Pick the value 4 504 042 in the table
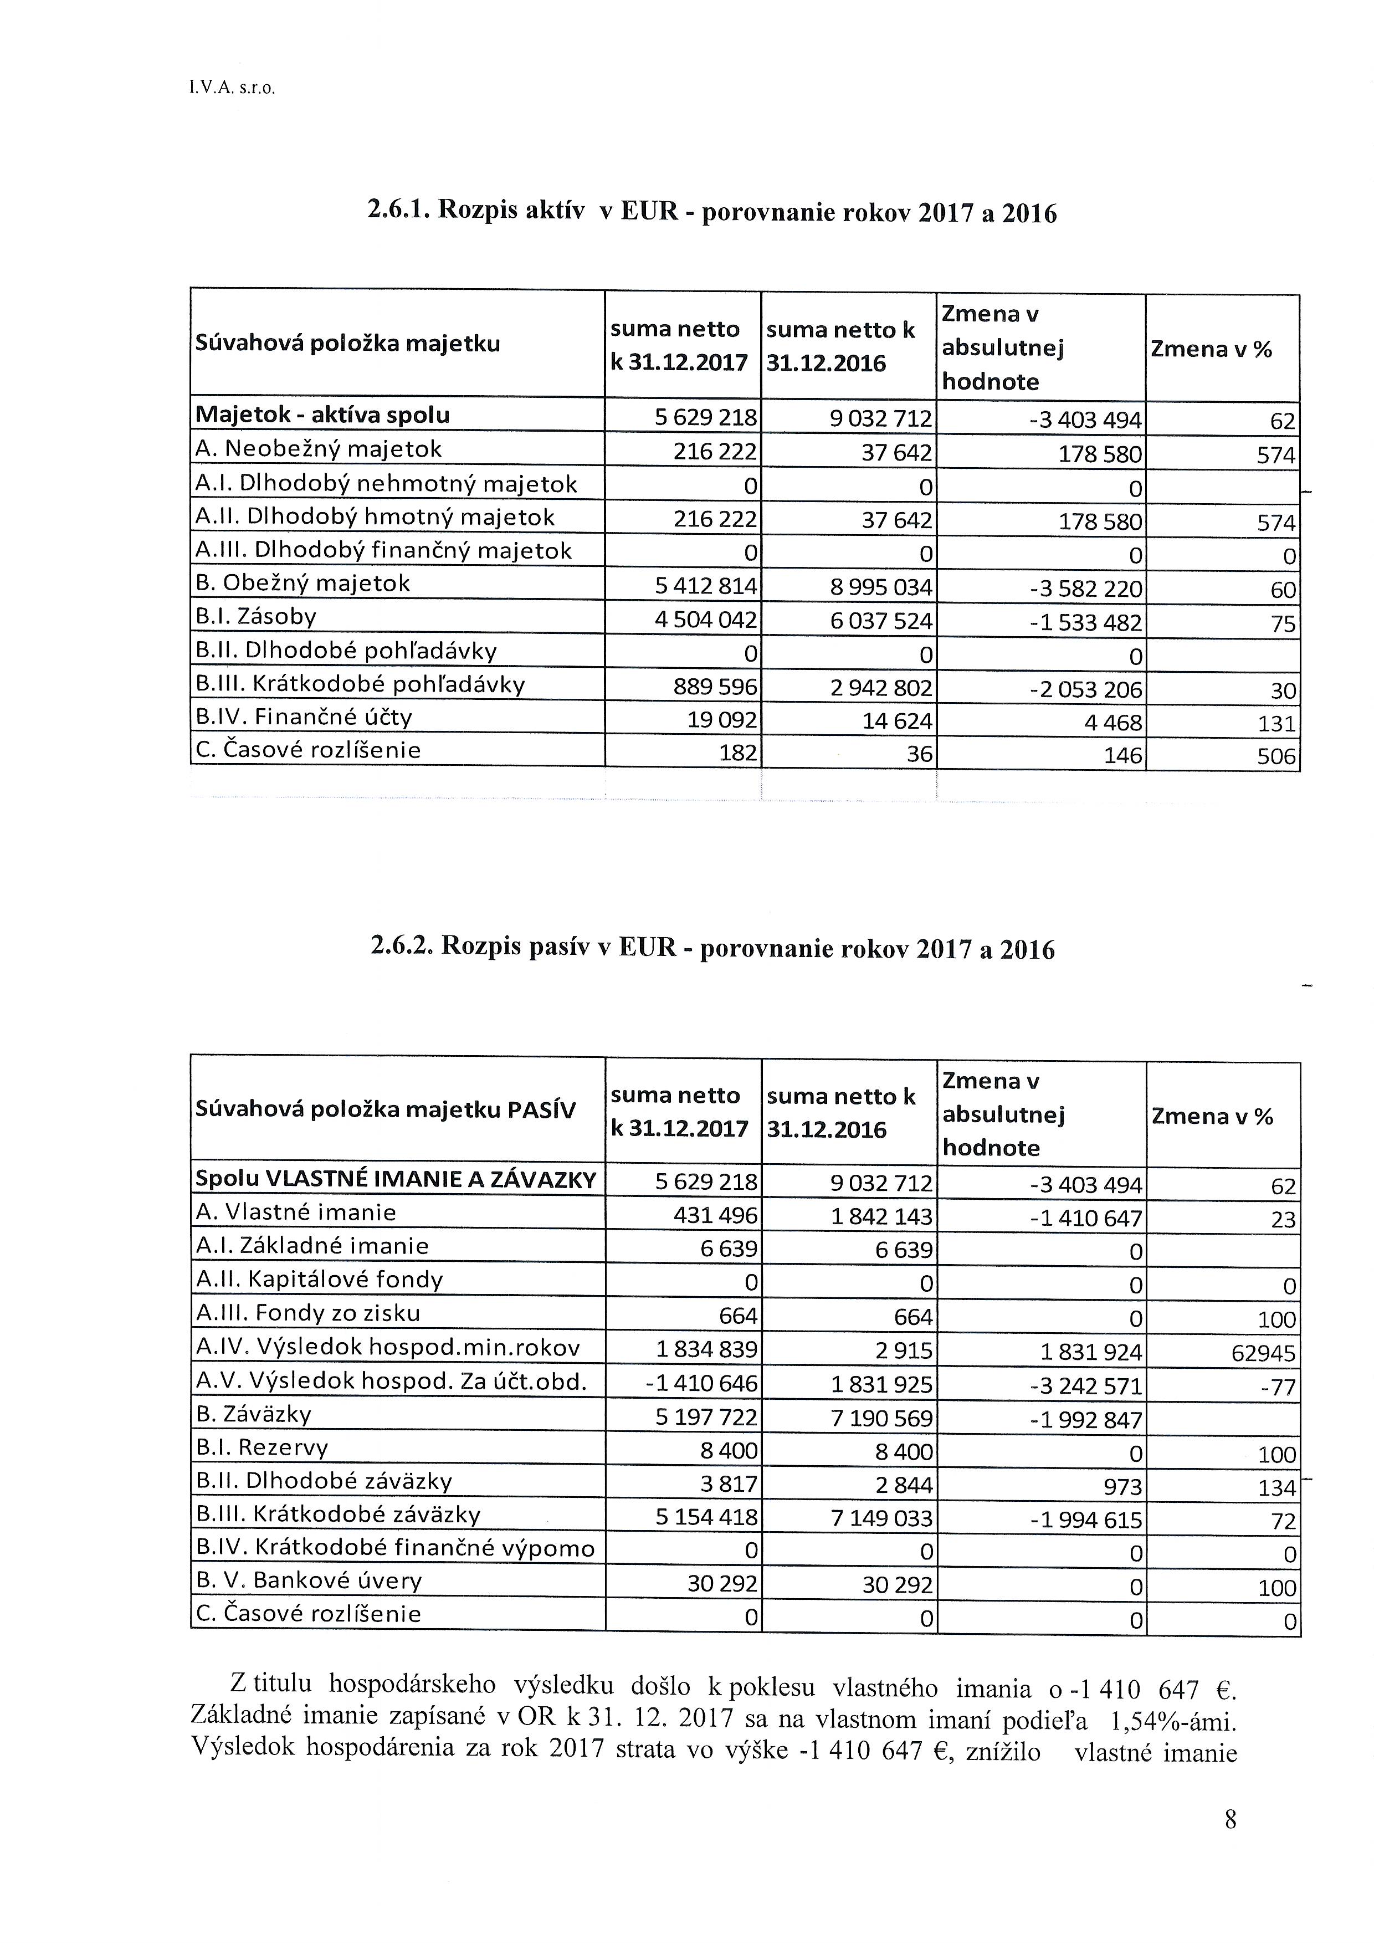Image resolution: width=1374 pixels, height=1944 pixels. pyautogui.click(x=706, y=621)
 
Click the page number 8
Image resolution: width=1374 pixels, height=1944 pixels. pyautogui.click(x=1230, y=1819)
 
